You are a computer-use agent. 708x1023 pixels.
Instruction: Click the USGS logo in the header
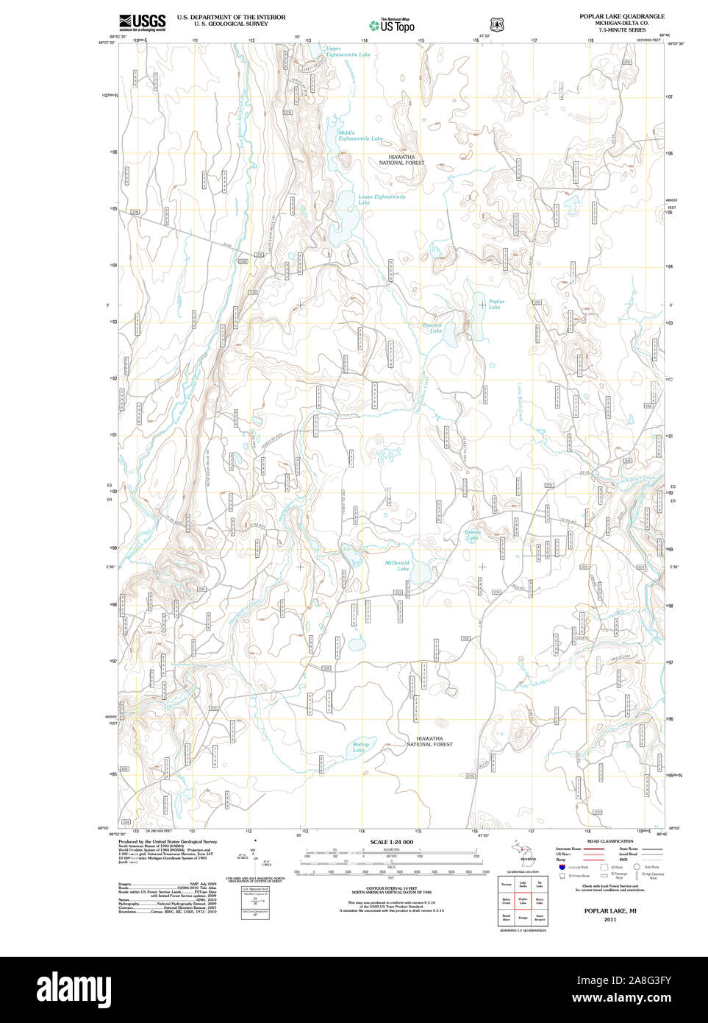point(143,22)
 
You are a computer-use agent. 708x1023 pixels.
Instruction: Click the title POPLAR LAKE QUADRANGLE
point(621,16)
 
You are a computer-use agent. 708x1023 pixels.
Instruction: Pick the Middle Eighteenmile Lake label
point(360,136)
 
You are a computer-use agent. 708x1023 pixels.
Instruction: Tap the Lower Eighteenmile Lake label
point(381,199)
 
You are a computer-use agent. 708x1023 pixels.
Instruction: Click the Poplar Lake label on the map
point(496,304)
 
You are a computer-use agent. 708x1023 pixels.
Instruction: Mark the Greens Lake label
point(472,534)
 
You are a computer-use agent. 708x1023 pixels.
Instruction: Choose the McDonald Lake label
point(398,565)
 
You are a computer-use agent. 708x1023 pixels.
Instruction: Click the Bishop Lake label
point(360,747)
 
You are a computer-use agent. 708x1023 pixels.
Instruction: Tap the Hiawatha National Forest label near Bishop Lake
point(429,741)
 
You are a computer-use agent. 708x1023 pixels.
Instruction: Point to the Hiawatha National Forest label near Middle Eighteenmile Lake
point(401,160)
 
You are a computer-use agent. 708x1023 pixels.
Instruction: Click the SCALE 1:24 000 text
point(391,842)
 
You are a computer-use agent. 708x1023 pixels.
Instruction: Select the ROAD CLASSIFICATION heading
point(609,841)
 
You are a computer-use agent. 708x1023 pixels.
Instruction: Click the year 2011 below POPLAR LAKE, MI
point(609,919)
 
